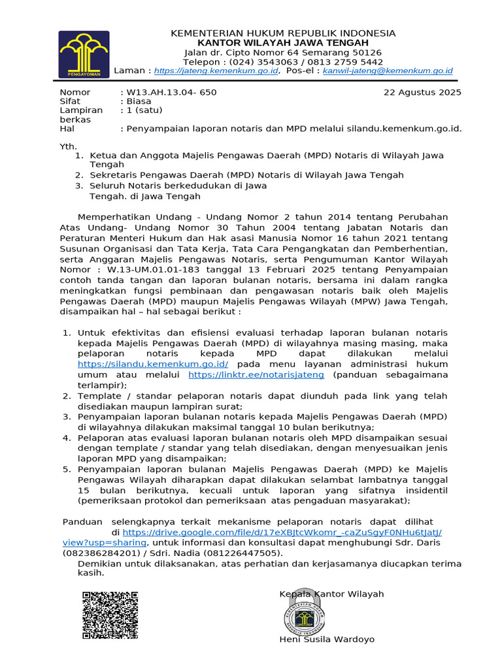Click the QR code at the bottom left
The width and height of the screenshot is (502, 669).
110,614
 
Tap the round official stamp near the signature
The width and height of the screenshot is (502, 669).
307,615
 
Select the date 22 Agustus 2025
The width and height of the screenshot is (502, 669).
422,92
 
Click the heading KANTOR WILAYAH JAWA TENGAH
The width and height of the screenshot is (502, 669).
283,42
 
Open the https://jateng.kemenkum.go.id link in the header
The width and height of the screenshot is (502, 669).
217,71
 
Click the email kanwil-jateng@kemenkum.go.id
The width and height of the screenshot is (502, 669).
388,71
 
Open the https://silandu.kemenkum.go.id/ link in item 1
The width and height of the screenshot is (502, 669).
153,364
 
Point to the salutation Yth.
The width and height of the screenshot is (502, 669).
68,146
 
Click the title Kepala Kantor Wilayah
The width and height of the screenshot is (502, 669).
331,594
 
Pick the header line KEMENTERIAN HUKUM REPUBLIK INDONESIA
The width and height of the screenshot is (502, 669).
283,33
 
